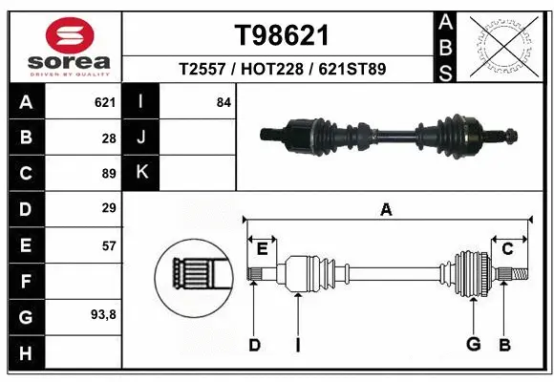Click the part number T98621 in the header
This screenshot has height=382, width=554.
pyautogui.click(x=282, y=35)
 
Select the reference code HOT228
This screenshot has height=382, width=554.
pyautogui.click(x=282, y=69)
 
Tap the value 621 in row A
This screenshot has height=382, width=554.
pyautogui.click(x=105, y=101)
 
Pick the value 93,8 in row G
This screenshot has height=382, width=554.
pyautogui.click(x=103, y=314)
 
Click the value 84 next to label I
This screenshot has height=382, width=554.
pyautogui.click(x=224, y=101)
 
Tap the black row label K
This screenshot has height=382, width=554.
pyautogui.click(x=142, y=173)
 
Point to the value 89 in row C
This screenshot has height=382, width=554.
pyautogui.click(x=108, y=173)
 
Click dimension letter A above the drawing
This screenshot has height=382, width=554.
pyautogui.click(x=386, y=210)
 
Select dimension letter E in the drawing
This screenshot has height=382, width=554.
pyautogui.click(x=262, y=248)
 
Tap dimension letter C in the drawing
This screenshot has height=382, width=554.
pyautogui.click(x=507, y=248)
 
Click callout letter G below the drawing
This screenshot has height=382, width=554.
pyautogui.click(x=472, y=345)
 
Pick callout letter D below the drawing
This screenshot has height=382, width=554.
pyautogui.click(x=254, y=345)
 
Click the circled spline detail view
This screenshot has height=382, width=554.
pyautogui.click(x=194, y=277)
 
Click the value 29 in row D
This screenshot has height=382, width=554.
pyautogui.click(x=108, y=207)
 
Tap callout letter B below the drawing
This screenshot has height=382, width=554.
pyautogui.click(x=503, y=345)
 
